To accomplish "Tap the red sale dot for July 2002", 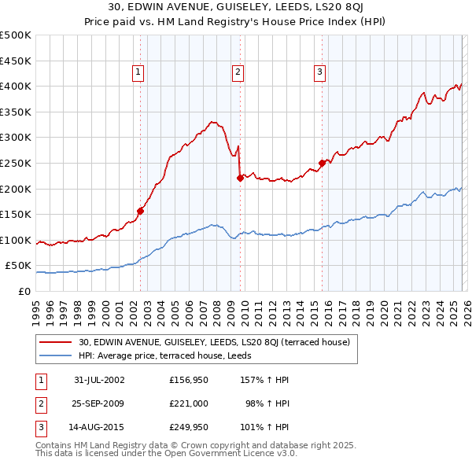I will tap(141, 210).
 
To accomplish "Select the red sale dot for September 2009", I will tap(240, 178).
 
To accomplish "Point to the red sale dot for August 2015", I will tap(322, 163).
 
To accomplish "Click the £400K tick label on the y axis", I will tap(16, 86).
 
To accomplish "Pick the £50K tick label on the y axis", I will tap(18, 266).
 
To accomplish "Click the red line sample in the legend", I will tap(56, 341).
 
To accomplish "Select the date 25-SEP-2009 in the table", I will tap(99, 403).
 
